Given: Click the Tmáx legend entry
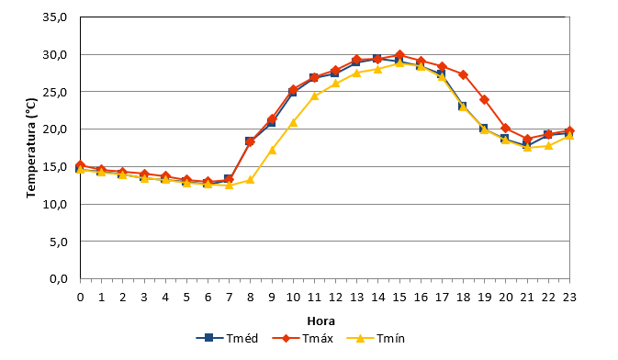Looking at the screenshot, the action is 303,338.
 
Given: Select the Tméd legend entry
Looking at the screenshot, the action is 227,338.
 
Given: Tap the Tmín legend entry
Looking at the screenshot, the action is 376,338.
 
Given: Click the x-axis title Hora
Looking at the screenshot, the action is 320,321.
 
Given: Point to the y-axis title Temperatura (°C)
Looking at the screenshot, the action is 31,148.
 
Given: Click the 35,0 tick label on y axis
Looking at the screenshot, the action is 55,17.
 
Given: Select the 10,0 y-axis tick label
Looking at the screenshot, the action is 55,204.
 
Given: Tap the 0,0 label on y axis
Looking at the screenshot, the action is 59,279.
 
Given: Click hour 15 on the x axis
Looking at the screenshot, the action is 399,297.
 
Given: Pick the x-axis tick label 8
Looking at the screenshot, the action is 251,297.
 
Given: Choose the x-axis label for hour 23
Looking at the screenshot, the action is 569,297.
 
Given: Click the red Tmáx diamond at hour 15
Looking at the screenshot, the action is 399,55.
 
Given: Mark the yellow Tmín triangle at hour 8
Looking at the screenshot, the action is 251,180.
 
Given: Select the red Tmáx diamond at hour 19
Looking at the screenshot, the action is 484,100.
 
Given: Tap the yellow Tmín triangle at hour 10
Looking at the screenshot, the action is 293,122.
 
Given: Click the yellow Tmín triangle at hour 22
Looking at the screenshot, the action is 548,145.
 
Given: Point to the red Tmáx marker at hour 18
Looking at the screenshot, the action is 463,74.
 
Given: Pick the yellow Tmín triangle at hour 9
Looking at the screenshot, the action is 272,150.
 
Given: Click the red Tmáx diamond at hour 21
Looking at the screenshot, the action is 527,140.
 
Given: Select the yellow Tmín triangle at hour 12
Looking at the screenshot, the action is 335,84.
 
